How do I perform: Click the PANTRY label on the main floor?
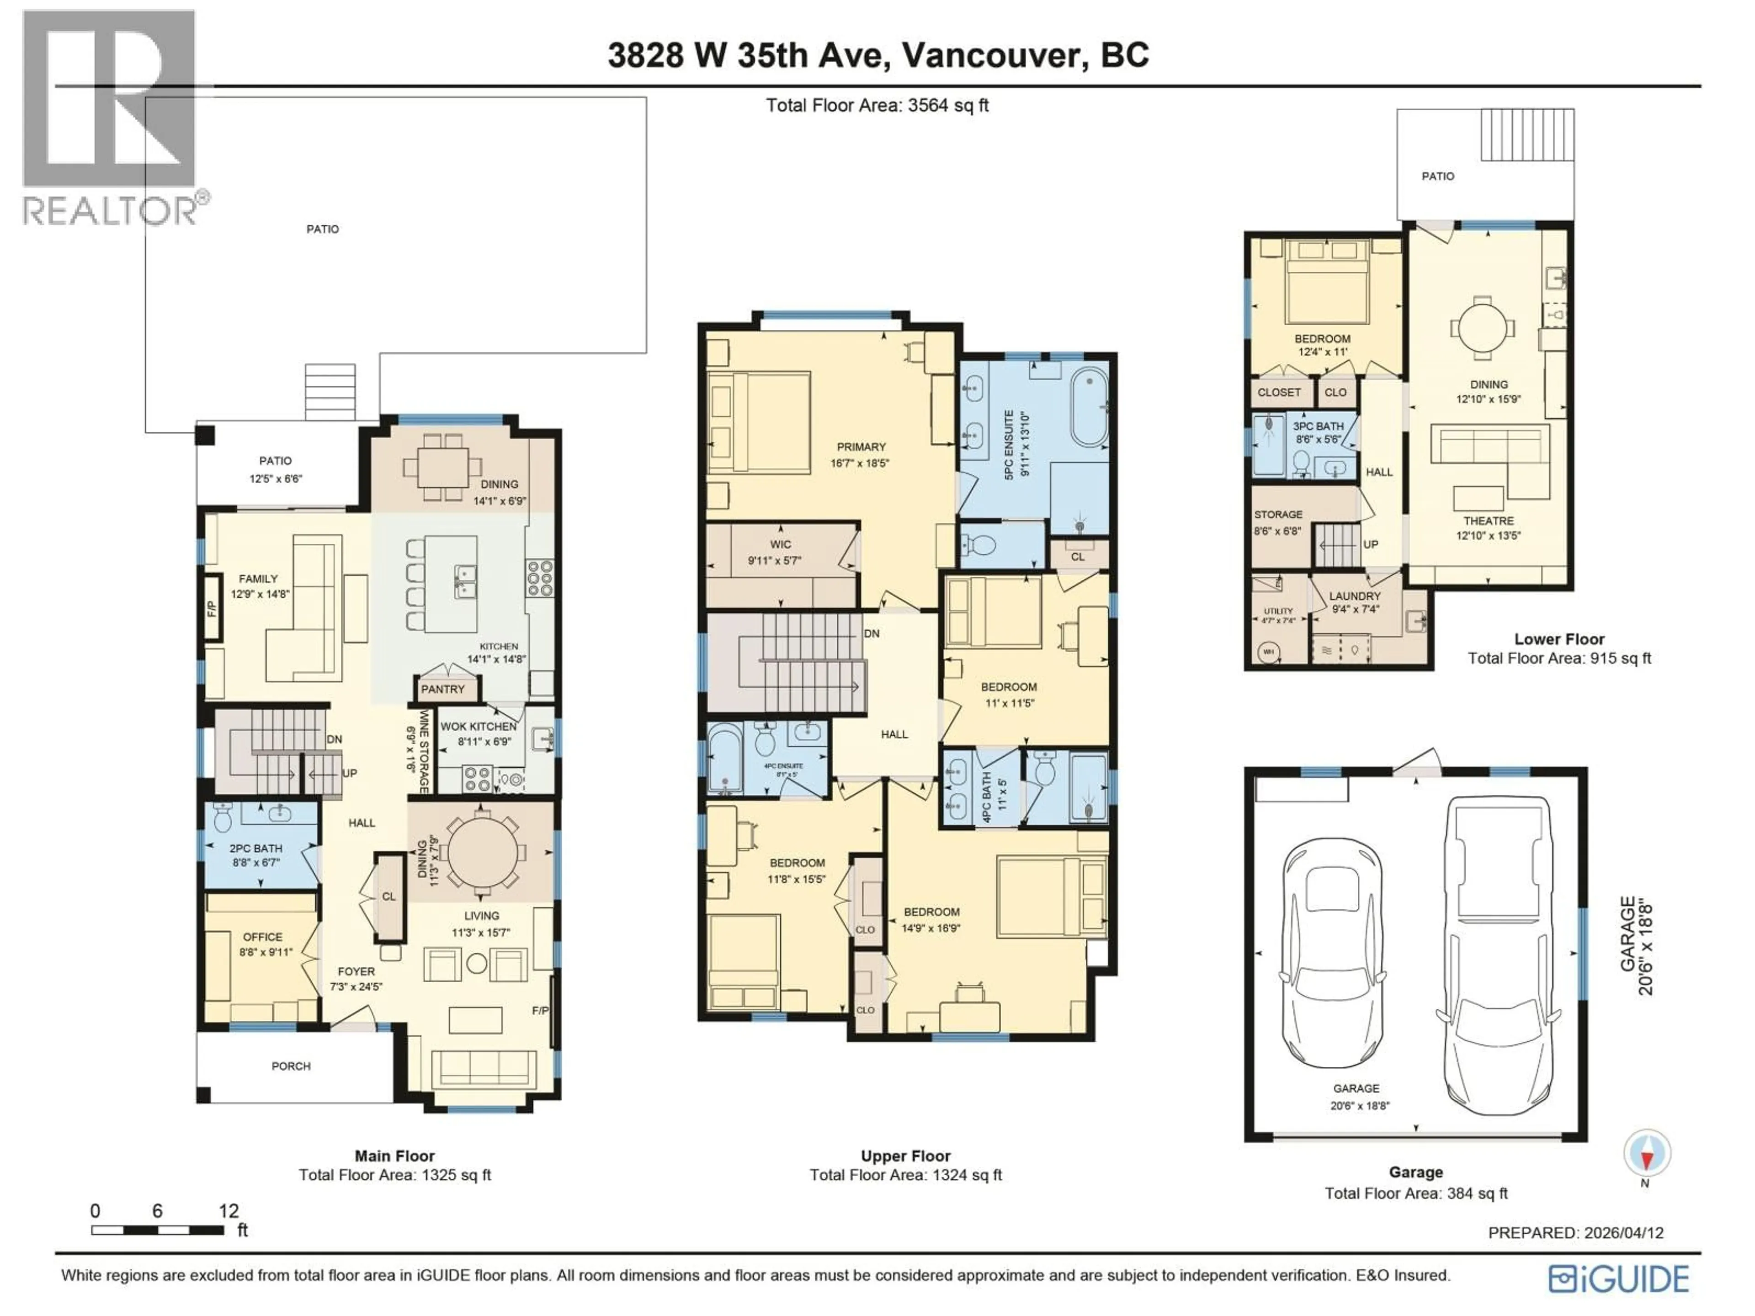(x=443, y=690)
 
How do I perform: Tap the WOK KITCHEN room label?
(x=479, y=727)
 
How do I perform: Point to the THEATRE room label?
(x=1489, y=521)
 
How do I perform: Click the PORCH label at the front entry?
(x=291, y=1066)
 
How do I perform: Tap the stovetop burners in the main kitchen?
(x=540, y=578)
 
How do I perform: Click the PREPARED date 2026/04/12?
(x=1623, y=1233)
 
